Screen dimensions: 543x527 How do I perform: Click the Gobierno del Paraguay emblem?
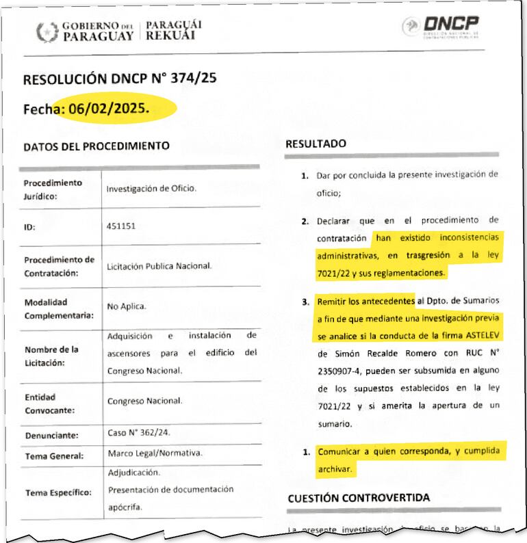click(x=47, y=31)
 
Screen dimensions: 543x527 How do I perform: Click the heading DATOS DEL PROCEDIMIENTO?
click(x=96, y=146)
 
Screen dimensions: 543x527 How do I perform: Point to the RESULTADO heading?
click(x=316, y=144)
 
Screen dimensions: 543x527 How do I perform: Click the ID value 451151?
click(x=121, y=226)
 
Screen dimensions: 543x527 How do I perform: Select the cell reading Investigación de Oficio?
click(x=151, y=187)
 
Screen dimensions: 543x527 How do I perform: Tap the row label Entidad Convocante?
click(x=49, y=404)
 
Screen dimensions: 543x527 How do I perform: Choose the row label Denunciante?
click(x=52, y=435)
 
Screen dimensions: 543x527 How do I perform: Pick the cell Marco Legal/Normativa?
click(x=155, y=454)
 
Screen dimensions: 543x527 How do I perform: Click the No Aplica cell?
click(x=127, y=307)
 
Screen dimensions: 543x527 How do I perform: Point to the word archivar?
click(x=335, y=469)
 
